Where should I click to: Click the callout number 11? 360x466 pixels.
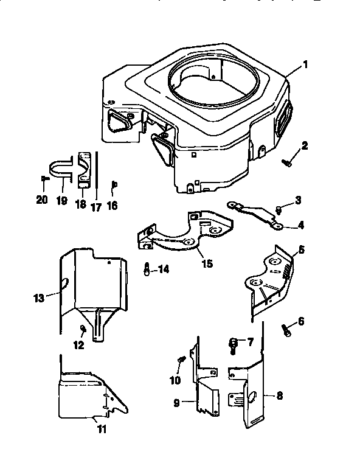pos(102,429)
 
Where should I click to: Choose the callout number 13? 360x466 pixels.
pos(39,298)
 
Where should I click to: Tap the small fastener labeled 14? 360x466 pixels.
pos(147,268)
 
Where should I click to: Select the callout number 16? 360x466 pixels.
pos(111,206)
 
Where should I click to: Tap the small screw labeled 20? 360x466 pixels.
pos(44,178)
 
